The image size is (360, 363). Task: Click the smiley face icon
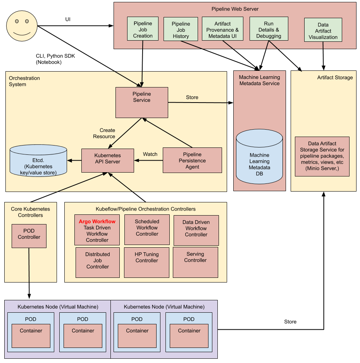click(22, 26)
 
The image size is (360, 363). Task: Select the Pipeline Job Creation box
click(143, 29)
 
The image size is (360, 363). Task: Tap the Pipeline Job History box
click(181, 29)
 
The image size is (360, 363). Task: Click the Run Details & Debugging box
click(269, 29)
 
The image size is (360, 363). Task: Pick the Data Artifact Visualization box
click(323, 30)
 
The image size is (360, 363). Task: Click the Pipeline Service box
click(142, 102)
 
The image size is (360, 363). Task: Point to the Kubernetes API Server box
click(107, 160)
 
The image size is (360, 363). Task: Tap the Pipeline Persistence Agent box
click(192, 160)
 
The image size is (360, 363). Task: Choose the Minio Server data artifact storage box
click(322, 156)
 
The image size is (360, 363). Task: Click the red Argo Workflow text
click(97, 221)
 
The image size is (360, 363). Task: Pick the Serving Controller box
click(195, 262)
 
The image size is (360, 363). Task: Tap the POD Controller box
click(29, 236)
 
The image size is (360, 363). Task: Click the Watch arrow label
click(150, 154)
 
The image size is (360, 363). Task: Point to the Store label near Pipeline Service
click(192, 97)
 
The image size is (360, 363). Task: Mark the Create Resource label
click(104, 133)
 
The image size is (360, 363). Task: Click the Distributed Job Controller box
click(98, 262)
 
